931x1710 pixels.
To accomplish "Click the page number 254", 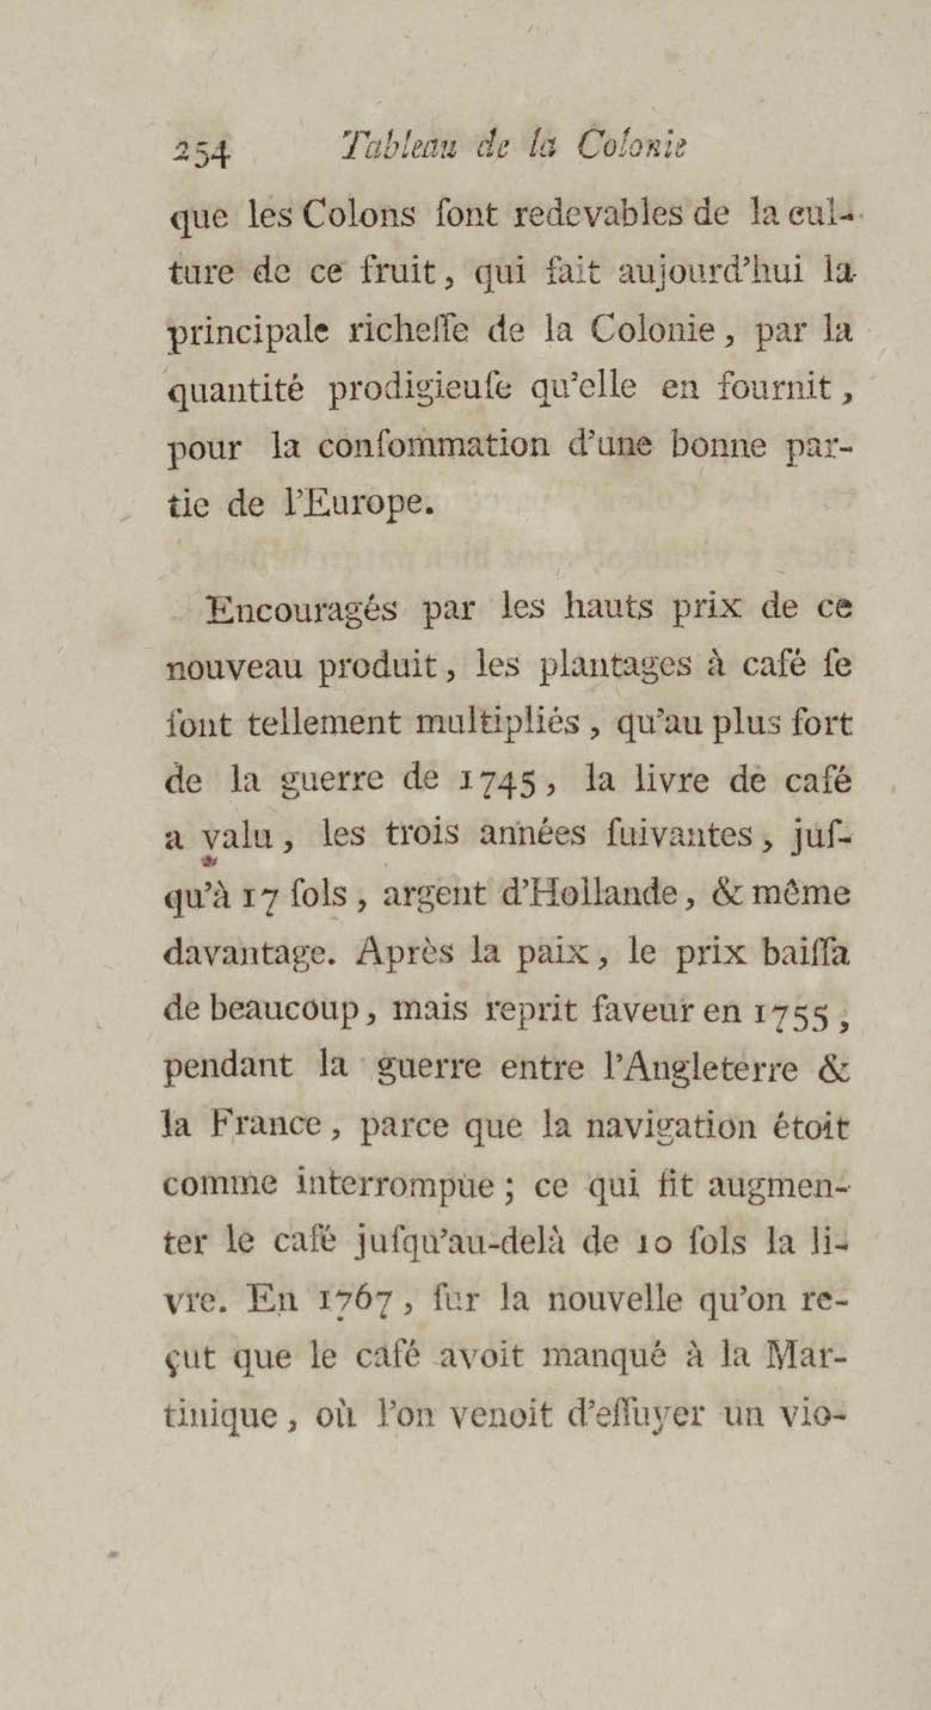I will point(201,153).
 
